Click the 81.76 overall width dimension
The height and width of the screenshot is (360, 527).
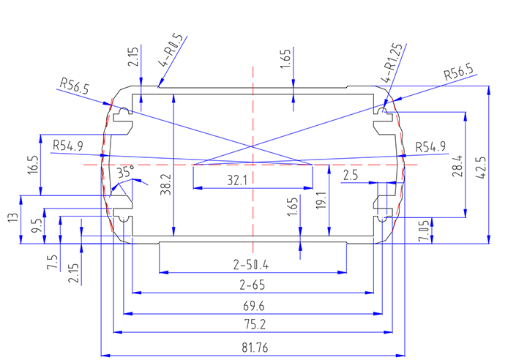[252, 348]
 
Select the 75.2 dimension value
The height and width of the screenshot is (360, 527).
[252, 324]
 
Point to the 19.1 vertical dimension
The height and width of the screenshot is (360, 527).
[321, 198]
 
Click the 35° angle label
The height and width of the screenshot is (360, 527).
[126, 173]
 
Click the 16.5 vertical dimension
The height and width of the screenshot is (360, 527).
[32, 164]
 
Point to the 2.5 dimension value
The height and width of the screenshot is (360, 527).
[351, 176]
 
